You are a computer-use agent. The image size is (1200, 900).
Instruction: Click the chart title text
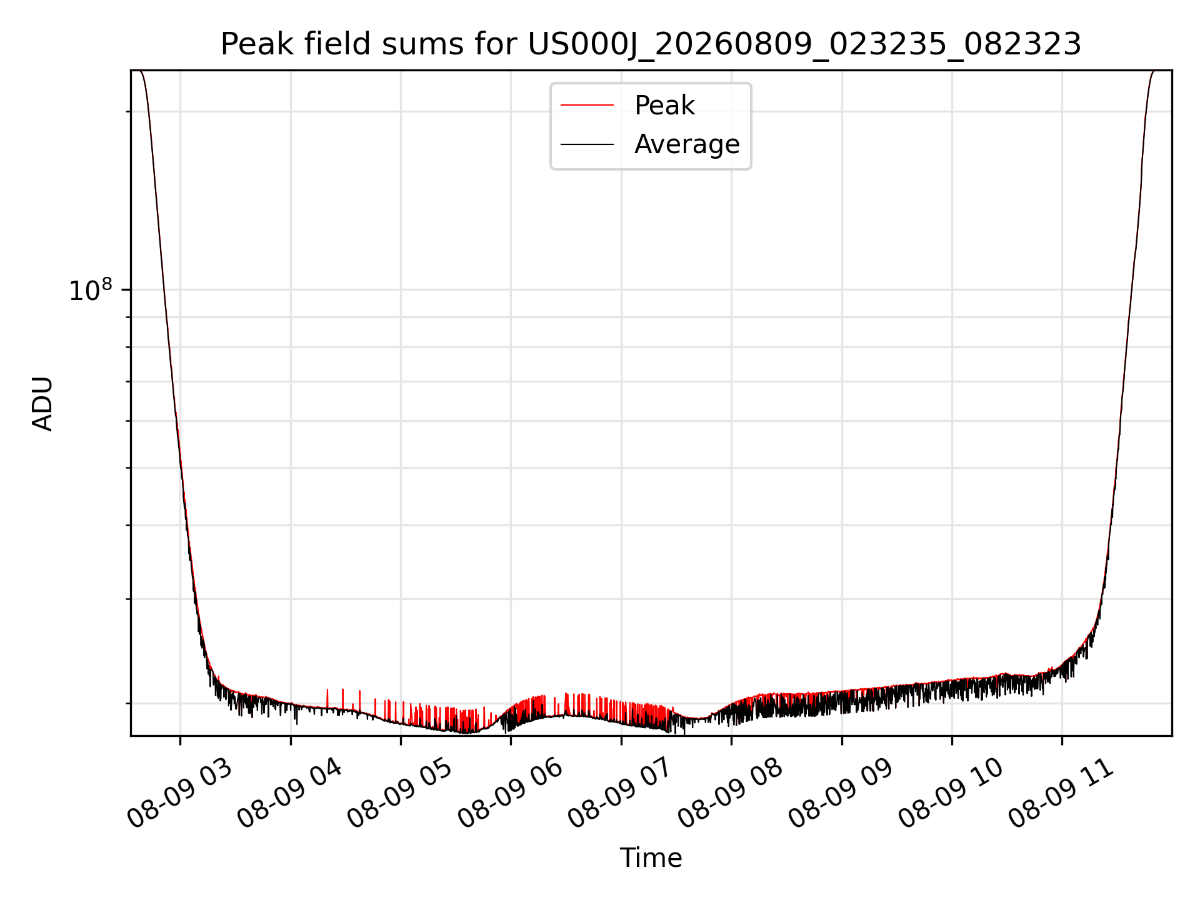[x=651, y=44]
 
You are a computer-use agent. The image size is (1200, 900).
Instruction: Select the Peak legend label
[x=664, y=106]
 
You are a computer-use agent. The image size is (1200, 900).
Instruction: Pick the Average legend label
[x=687, y=144]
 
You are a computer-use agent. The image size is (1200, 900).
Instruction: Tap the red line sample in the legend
[x=587, y=106]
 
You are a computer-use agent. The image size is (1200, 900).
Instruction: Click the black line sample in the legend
[x=587, y=144]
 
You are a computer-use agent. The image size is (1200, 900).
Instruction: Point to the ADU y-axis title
[x=42, y=403]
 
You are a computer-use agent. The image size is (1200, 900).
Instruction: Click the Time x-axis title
[x=651, y=858]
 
